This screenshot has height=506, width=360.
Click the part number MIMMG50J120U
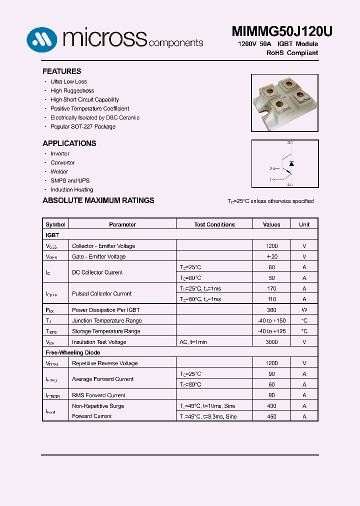(282, 31)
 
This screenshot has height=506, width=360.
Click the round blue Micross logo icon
(41, 38)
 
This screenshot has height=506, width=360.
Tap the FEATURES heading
(61, 71)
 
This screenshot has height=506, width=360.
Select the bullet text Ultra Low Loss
(68, 81)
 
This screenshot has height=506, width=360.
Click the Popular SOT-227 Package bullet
(82, 126)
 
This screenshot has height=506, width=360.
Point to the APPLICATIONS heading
(69, 143)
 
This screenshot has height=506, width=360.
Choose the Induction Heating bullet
(71, 189)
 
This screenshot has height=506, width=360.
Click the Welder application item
(59, 171)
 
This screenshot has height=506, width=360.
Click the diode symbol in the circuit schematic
(292, 164)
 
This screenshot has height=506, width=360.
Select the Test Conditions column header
(214, 224)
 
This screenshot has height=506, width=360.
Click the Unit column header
(304, 224)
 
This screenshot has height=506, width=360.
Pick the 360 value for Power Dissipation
(271, 310)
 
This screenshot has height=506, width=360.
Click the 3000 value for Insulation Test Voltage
(271, 342)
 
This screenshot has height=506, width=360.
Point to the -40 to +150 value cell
(271, 320)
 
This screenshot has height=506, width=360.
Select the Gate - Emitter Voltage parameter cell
(98, 256)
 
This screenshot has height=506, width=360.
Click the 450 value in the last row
(271, 416)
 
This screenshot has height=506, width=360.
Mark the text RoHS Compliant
(292, 53)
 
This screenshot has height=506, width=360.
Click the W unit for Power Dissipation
(304, 310)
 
